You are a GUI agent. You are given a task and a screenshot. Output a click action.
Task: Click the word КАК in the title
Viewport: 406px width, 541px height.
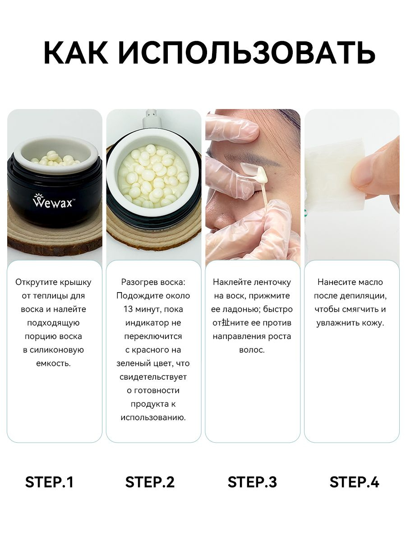(76, 53)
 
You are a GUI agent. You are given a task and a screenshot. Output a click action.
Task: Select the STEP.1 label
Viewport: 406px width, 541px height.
(49, 482)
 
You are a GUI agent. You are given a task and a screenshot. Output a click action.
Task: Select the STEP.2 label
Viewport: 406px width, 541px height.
(150, 482)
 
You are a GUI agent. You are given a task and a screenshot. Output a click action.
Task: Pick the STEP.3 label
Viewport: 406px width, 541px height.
(252, 482)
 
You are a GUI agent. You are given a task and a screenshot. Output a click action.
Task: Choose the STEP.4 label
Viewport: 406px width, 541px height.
(354, 482)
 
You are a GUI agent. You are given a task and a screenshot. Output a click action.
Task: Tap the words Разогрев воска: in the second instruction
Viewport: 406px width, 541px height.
(153, 282)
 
